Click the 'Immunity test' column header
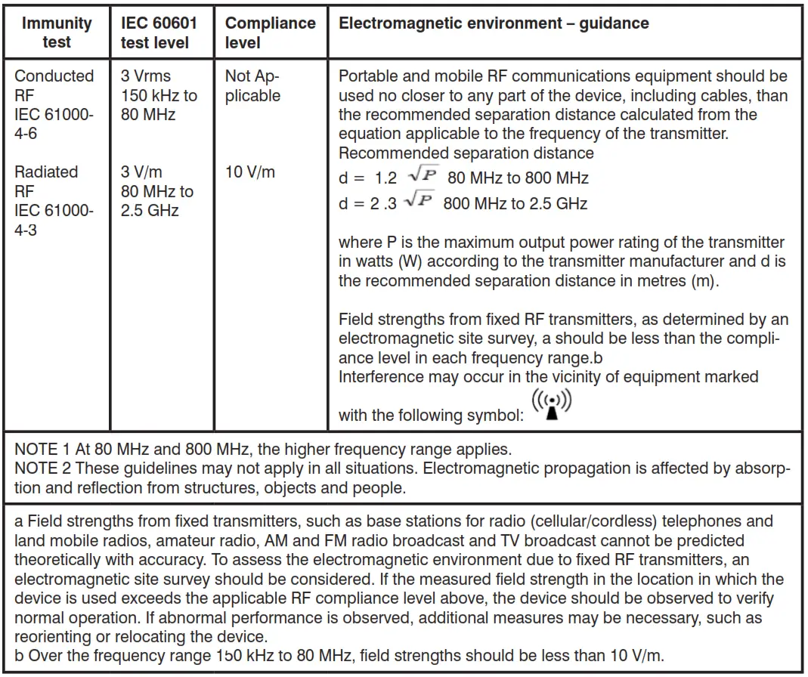pos(57,32)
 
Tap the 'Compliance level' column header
pos(270,32)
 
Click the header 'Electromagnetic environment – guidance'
pos(494,23)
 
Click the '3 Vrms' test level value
pos(146,76)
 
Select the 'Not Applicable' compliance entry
pos(252,86)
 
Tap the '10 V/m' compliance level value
pos(250,172)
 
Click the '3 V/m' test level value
pos(142,172)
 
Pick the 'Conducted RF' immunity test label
pos(54,85)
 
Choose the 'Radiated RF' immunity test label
pos(46,182)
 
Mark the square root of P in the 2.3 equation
pos(418,201)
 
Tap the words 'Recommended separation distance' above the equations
pos(466,153)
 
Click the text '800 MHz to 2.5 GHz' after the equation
pos(515,203)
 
